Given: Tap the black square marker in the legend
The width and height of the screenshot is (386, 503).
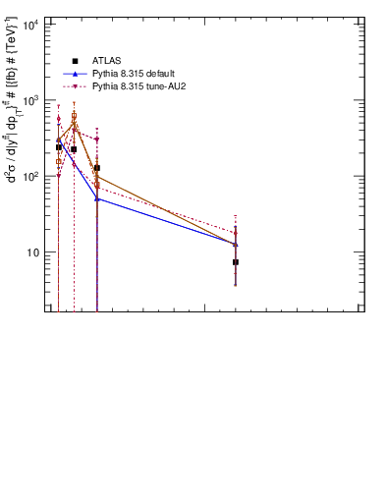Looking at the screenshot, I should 75,61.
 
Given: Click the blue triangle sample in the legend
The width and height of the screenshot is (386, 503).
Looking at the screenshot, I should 75,74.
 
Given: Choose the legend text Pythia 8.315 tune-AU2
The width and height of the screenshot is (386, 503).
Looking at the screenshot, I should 138,86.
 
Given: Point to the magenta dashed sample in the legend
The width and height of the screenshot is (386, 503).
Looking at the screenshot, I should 75,86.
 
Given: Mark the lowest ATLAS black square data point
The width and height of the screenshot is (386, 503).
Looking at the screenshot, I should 236,262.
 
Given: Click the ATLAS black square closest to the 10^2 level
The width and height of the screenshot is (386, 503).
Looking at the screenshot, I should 97,168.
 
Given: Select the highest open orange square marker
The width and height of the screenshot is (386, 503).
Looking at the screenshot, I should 74,116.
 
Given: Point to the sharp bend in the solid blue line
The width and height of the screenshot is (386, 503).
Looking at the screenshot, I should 97,198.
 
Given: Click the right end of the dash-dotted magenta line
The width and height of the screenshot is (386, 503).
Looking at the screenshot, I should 236,233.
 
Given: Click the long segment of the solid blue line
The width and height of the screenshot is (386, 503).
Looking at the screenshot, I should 167,221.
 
